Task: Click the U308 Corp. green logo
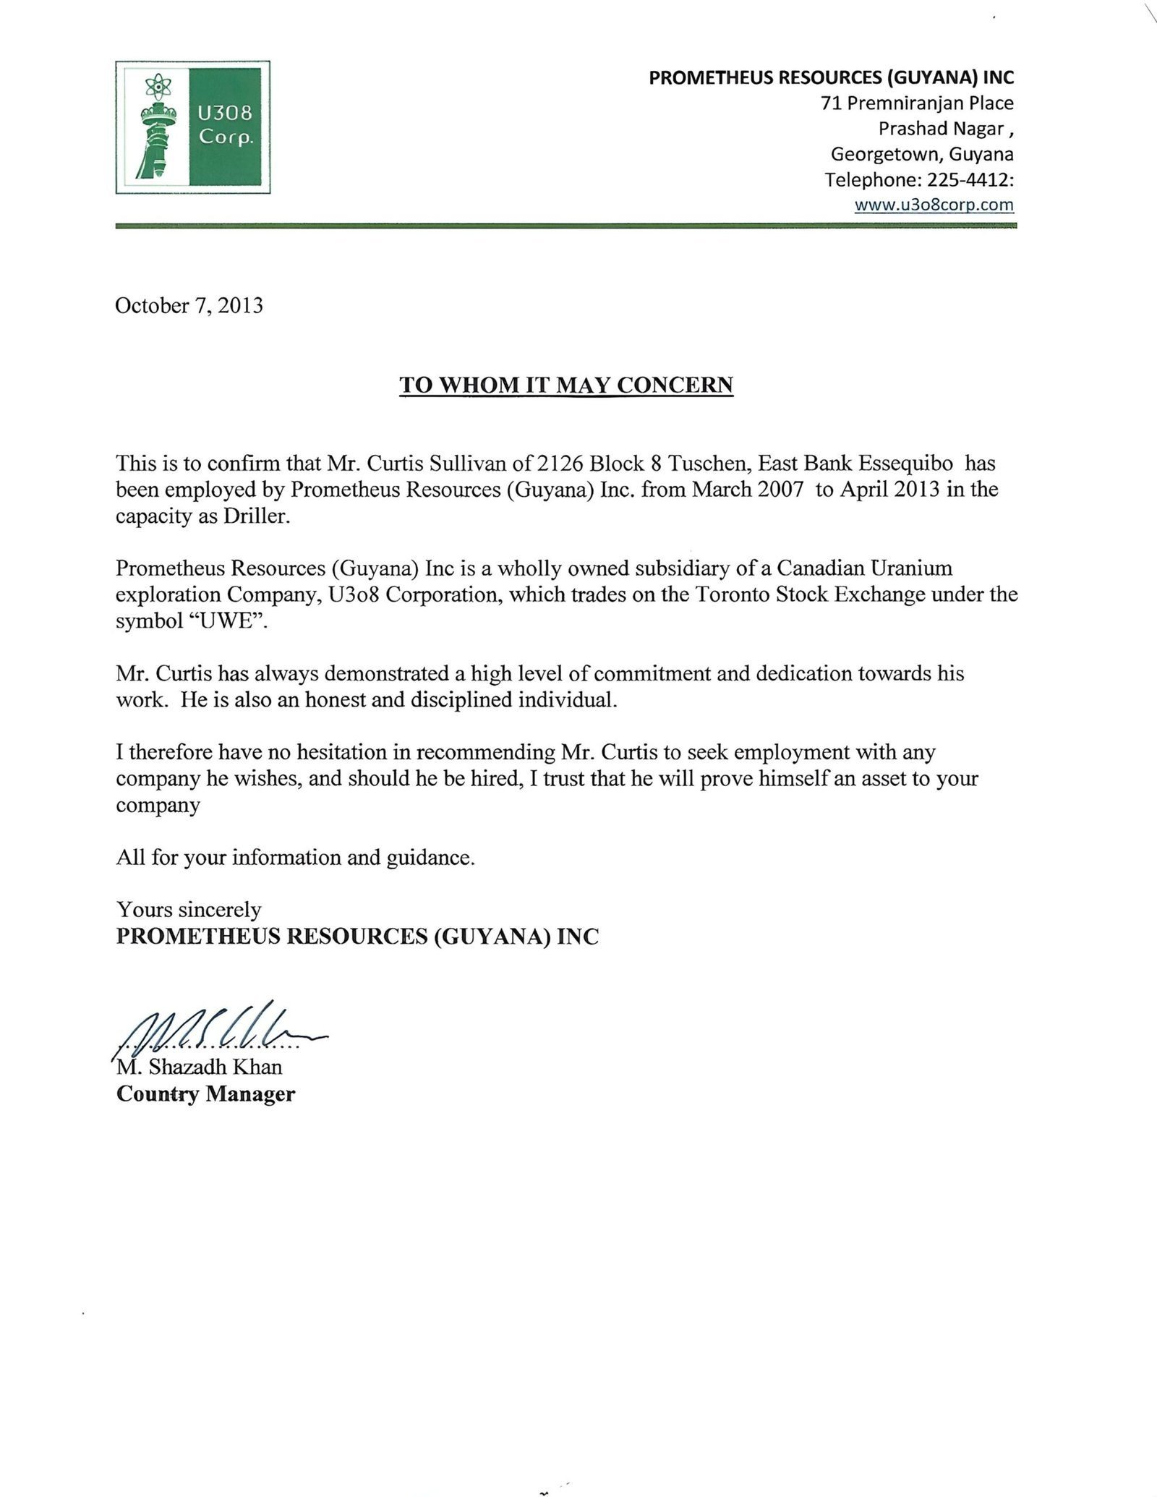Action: click(x=193, y=127)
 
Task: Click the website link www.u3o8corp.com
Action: click(x=934, y=205)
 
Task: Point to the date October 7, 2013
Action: click(x=189, y=305)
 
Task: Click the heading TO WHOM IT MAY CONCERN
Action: click(x=567, y=384)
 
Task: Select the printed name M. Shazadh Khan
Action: click(x=199, y=1067)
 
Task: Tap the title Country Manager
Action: click(x=206, y=1094)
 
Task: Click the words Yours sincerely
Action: click(x=189, y=909)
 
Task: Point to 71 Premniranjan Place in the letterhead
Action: click(x=917, y=103)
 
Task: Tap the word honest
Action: click(x=330, y=700)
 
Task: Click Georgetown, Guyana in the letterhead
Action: click(x=922, y=154)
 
